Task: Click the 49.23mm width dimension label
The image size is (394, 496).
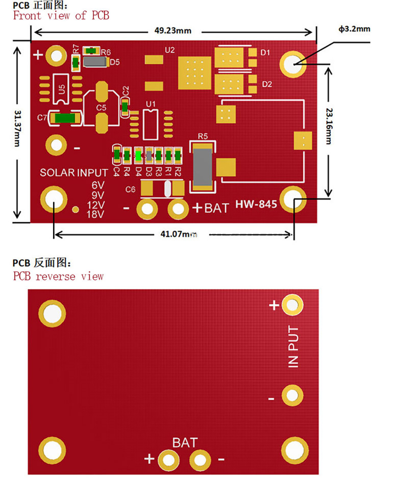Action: pos(173,31)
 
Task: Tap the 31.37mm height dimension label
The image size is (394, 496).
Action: pos(18,128)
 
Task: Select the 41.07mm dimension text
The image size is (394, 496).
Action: pos(179,234)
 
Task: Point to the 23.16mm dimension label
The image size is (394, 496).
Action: pos(329,126)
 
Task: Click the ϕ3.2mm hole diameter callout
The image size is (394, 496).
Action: pos(354,29)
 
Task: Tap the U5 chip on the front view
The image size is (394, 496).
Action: pos(61,89)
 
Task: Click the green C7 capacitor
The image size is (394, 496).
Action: pos(65,118)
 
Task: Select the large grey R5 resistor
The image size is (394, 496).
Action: pos(203,167)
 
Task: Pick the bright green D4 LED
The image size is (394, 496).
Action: pos(138,155)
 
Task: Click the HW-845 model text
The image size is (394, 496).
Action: pos(256,204)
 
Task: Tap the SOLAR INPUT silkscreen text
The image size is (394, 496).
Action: pos(74,172)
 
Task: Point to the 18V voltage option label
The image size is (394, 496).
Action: pos(95,214)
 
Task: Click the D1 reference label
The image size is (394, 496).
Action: pos(265,53)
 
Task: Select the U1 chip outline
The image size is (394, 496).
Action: pos(150,125)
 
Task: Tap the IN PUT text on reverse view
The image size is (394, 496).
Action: pos(293,347)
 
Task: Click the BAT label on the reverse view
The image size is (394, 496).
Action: pos(185,443)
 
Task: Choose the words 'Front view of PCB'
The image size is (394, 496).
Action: pos(61,15)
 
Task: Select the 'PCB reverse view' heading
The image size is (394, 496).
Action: pos(58,276)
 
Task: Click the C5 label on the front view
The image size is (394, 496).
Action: pos(101,108)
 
